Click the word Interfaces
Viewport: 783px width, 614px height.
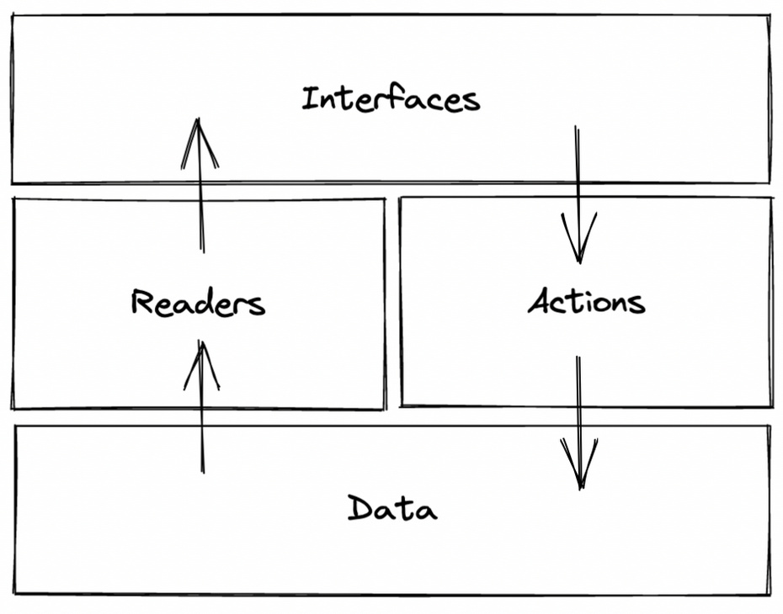pos(391,99)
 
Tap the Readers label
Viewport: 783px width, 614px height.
pos(198,303)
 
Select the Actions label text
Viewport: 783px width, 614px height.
pos(586,301)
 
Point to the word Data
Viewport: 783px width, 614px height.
pos(391,509)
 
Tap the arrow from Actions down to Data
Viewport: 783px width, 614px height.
pos(579,421)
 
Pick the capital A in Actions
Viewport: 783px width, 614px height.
pos(540,300)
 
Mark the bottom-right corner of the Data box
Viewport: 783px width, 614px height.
pos(769,593)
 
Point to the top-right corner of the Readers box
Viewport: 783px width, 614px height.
pos(384,200)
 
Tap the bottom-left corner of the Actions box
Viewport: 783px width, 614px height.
pos(401,405)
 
